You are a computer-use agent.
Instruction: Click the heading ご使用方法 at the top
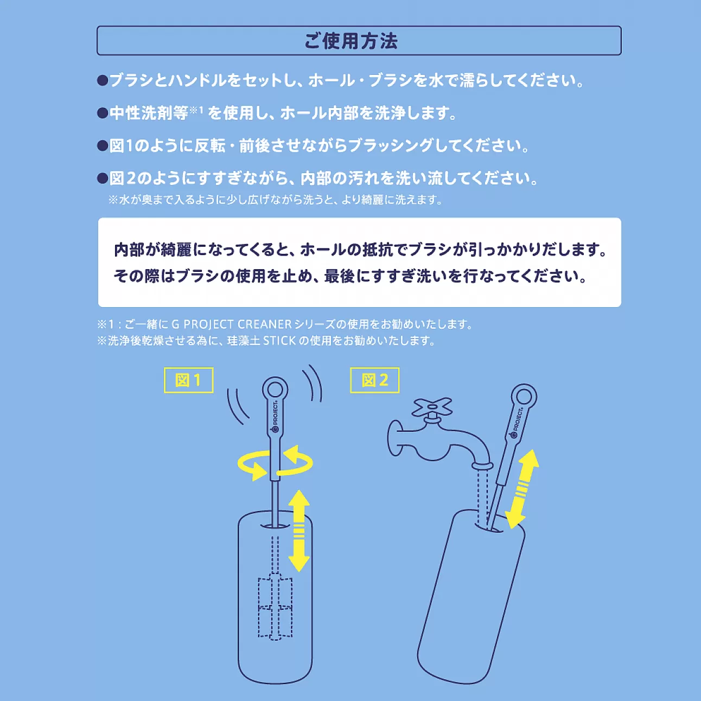point(351,41)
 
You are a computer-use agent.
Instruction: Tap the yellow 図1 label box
point(188,380)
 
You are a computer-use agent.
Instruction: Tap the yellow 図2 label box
point(374,380)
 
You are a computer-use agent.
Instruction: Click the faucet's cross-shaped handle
point(432,407)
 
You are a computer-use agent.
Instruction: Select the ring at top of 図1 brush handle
point(275,390)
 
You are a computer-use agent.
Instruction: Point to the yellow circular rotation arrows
point(275,464)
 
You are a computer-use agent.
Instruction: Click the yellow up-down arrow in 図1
point(298,530)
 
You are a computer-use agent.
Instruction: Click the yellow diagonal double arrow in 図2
point(522,489)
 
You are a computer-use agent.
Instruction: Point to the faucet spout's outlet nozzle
point(481,466)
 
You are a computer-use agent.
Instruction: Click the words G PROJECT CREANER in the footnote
point(232,324)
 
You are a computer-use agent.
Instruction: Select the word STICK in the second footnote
point(279,341)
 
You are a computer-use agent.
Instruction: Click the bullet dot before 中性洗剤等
point(103,113)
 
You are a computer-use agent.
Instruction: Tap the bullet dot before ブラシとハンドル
point(103,81)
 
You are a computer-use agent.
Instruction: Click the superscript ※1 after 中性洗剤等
point(196,110)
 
